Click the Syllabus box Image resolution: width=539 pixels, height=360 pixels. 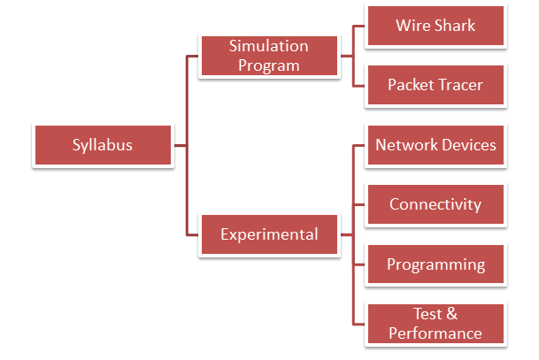(103, 145)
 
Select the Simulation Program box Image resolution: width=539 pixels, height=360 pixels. (269, 56)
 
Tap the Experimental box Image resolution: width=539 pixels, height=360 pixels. (269, 234)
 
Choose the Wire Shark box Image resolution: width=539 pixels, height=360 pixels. (435, 26)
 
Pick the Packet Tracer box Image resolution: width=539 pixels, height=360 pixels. (435, 85)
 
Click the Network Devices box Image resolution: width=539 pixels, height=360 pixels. (435, 145)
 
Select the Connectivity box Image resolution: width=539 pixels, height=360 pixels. (435, 204)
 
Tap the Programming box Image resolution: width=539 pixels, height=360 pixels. (435, 264)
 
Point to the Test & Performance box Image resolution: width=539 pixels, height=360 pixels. (435, 324)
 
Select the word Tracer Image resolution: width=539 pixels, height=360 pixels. (460, 85)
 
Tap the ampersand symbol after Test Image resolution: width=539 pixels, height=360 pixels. (452, 314)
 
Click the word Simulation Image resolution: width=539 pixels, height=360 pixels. (269, 46)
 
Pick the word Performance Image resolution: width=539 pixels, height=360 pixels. (435, 333)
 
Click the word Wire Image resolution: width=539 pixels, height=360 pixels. (412, 26)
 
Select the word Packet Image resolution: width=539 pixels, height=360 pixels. (411, 85)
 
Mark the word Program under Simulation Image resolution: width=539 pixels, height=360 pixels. (269, 65)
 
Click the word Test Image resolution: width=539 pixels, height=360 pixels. (427, 314)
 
